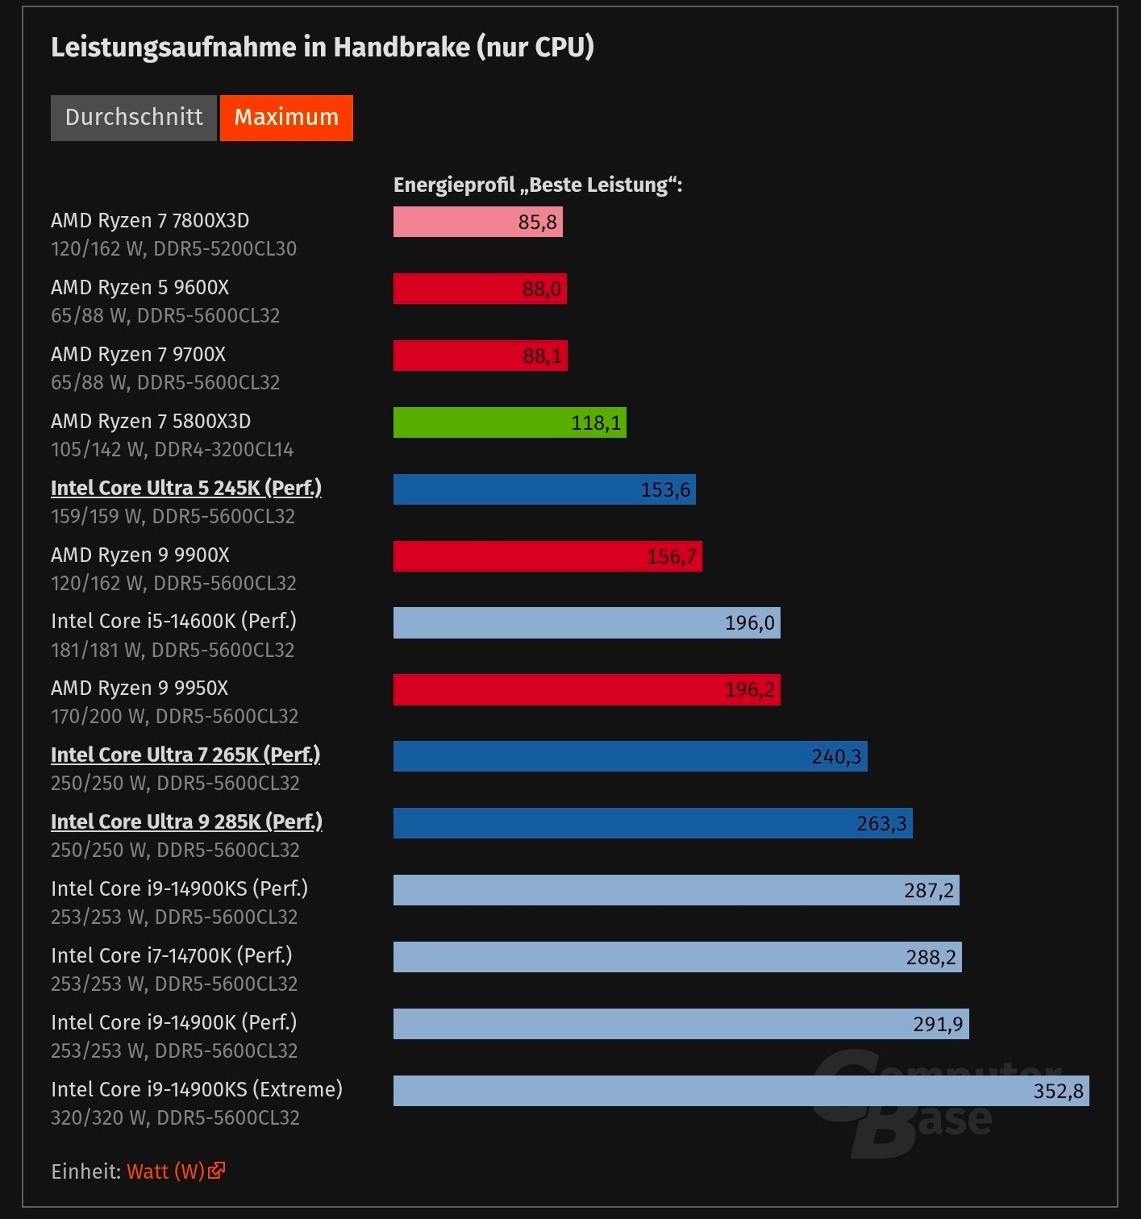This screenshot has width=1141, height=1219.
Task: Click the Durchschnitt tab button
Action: [134, 118]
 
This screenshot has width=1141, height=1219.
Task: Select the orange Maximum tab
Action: [286, 118]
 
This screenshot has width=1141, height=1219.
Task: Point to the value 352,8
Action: [1058, 1092]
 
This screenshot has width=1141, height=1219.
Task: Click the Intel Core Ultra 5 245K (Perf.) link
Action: [186, 489]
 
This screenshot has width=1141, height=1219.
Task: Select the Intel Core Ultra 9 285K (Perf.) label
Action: [186, 822]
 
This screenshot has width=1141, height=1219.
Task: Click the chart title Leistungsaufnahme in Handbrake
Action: [323, 48]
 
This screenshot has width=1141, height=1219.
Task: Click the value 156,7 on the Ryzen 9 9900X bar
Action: [672, 556]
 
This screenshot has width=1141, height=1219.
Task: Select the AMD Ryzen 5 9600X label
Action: [140, 288]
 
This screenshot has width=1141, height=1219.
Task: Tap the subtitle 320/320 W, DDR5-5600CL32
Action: [175, 1118]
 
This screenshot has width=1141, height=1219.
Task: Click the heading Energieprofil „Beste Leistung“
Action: [538, 185]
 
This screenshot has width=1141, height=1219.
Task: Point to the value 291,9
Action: [938, 1025]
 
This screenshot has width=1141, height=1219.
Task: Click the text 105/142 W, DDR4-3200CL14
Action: [172, 450]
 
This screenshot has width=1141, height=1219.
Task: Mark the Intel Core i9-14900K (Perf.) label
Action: [173, 1023]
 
